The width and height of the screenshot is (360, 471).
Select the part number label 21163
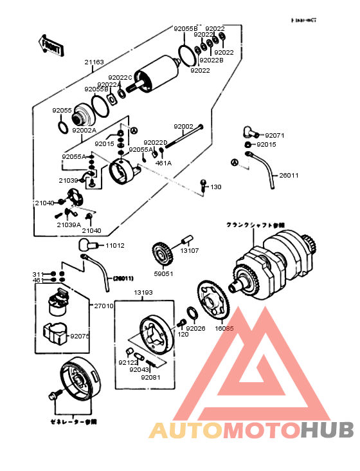(93, 63)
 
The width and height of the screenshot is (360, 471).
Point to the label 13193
(143, 293)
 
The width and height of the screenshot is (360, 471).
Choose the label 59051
(163, 273)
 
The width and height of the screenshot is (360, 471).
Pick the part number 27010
(104, 306)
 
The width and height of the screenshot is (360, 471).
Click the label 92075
(80, 336)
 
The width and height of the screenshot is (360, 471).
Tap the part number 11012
(115, 246)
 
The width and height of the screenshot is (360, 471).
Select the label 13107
(190, 251)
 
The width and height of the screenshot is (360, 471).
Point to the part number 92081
(150, 377)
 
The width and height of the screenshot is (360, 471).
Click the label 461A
(164, 163)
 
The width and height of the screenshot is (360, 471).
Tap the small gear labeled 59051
(162, 254)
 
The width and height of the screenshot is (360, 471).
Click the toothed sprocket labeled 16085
(212, 301)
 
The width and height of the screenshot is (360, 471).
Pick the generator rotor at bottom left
(81, 380)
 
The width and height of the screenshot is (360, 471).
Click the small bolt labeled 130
(203, 185)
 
